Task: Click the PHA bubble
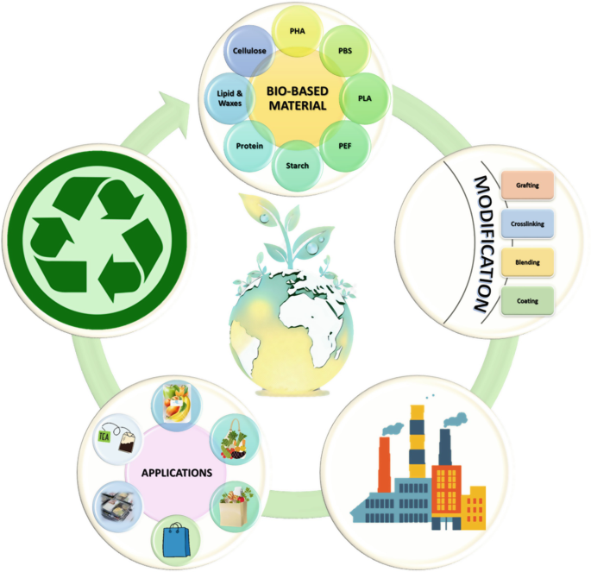(298, 32)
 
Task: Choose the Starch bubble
(298, 164)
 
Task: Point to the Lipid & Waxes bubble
(227, 97)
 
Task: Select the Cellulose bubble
(248, 53)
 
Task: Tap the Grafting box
(528, 185)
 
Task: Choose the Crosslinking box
(528, 223)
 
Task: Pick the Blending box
(528, 261)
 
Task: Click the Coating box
(528, 300)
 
